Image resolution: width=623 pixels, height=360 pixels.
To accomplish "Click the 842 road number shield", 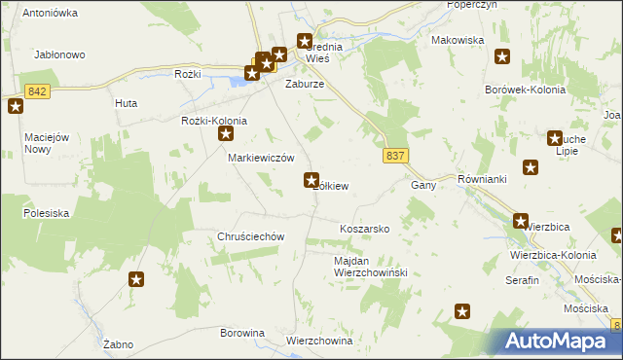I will [38, 91].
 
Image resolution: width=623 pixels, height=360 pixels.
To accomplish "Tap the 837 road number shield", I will [395, 156].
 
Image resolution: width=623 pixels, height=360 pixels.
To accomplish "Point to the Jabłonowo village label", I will [60, 55].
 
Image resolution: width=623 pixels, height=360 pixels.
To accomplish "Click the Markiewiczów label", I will [261, 158].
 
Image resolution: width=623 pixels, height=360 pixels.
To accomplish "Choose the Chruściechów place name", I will [250, 236].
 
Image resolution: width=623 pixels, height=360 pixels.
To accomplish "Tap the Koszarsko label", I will [364, 229].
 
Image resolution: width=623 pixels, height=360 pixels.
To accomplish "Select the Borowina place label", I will [242, 333].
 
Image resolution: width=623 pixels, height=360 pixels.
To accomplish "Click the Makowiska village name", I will [458, 40].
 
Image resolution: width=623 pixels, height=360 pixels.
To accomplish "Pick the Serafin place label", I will [522, 279].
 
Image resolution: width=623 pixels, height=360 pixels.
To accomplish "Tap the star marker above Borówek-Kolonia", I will [502, 56].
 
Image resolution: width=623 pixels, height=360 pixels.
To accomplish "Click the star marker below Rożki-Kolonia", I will [226, 135].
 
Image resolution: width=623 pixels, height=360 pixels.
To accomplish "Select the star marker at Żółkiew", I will [311, 179].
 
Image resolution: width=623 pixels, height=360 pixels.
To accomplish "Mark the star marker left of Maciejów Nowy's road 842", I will [16, 106].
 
